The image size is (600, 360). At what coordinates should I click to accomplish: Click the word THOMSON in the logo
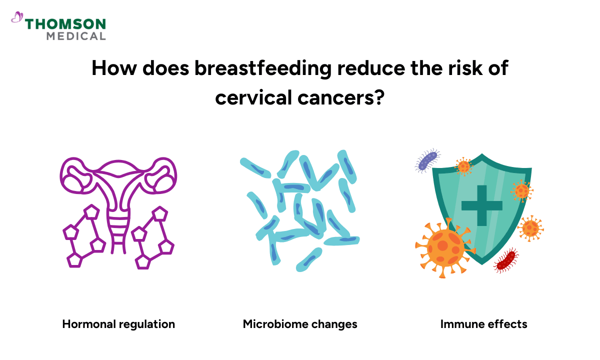click(65, 24)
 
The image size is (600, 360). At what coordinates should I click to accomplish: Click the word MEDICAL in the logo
click(76, 36)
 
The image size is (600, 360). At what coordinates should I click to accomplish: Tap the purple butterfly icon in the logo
click(17, 18)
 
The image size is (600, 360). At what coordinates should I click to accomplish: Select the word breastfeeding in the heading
click(263, 68)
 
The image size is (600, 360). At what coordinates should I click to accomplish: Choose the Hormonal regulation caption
click(118, 324)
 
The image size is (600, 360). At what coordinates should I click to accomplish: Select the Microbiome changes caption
click(300, 324)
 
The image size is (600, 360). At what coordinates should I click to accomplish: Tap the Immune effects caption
click(483, 324)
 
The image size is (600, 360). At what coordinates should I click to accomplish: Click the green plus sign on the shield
click(481, 205)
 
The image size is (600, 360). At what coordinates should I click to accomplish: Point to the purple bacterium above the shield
click(427, 160)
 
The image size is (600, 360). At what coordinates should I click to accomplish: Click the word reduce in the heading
click(367, 68)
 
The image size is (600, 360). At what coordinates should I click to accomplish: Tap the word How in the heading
click(112, 68)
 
